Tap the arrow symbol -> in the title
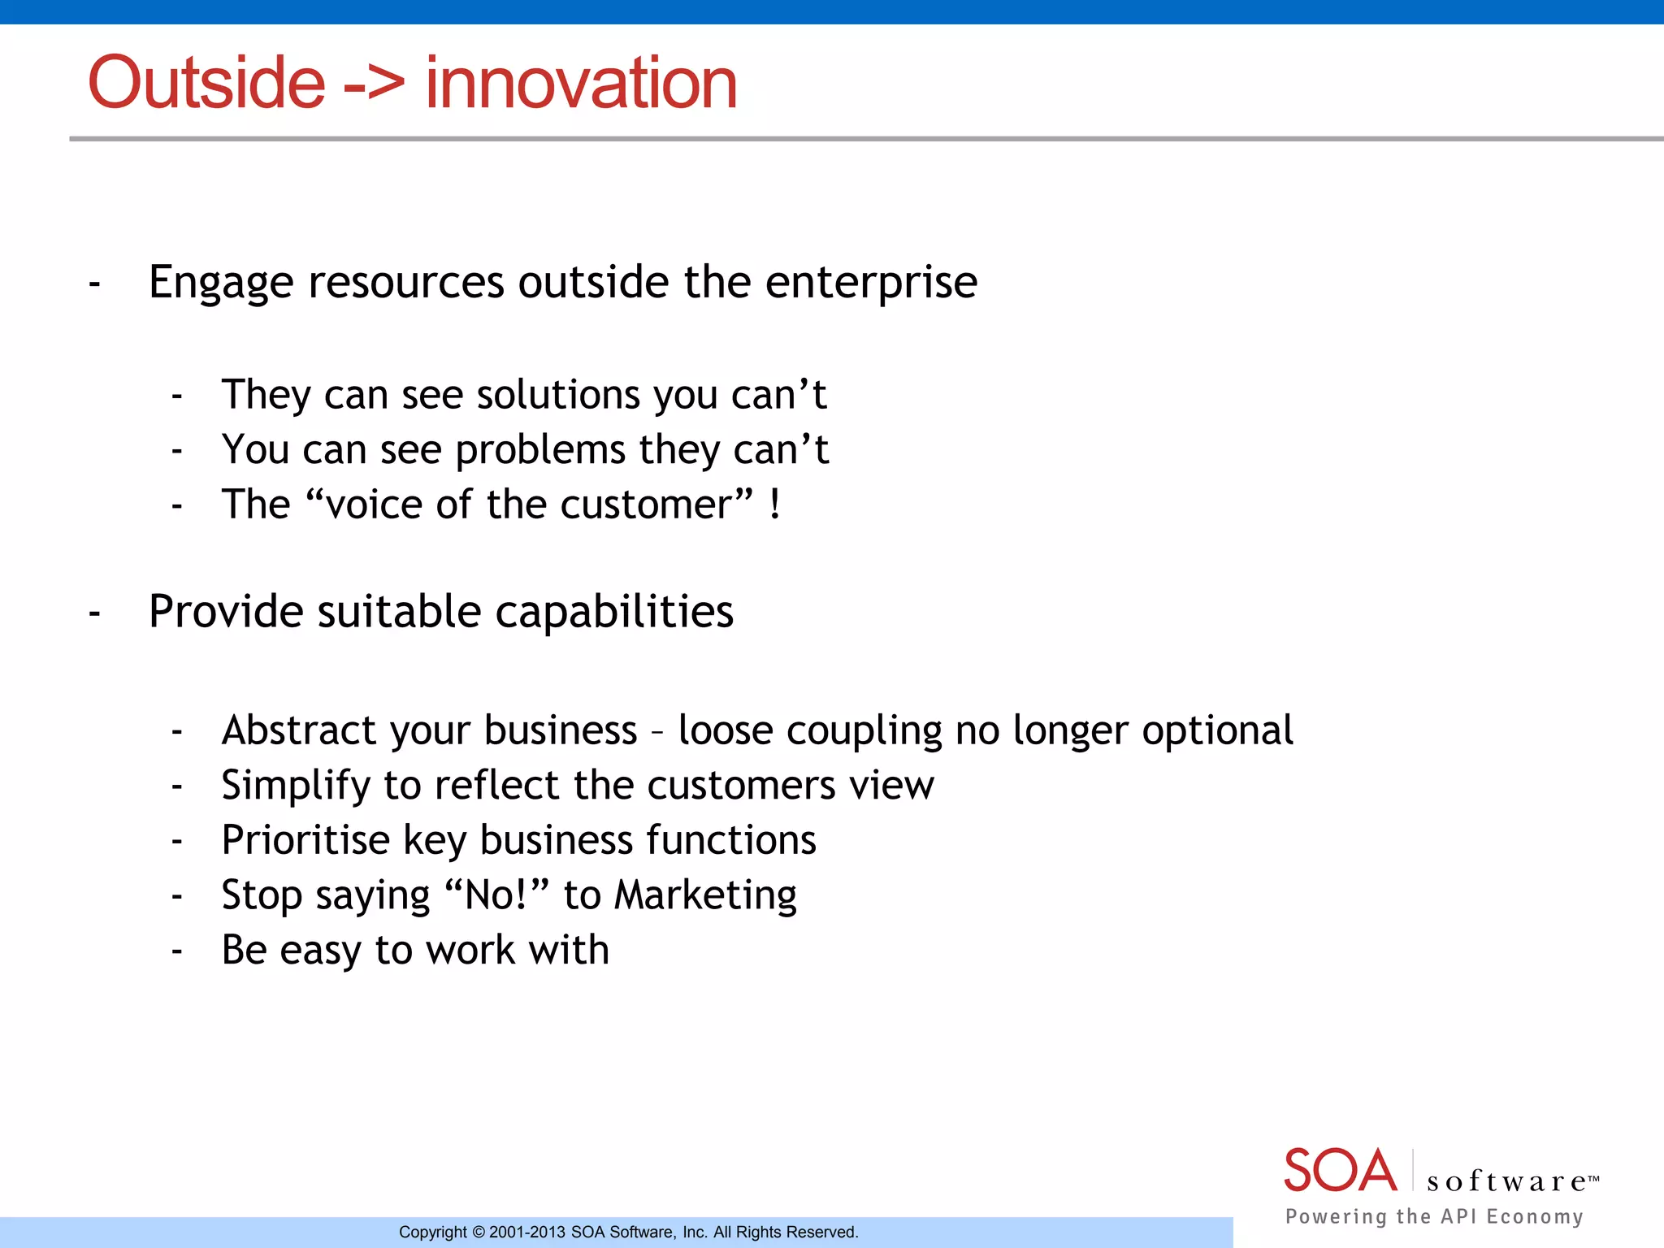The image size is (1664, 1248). pos(374,84)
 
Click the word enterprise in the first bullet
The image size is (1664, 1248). pos(871,284)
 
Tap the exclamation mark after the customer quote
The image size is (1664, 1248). pos(775,505)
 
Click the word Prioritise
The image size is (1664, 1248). pos(305,840)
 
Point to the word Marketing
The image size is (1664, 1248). pos(705,896)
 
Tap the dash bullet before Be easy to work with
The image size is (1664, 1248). pos(176,951)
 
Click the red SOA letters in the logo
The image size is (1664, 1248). pos(1339,1171)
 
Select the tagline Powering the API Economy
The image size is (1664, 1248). pos(1434,1216)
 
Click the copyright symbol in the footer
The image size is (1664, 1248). pos(479,1233)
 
